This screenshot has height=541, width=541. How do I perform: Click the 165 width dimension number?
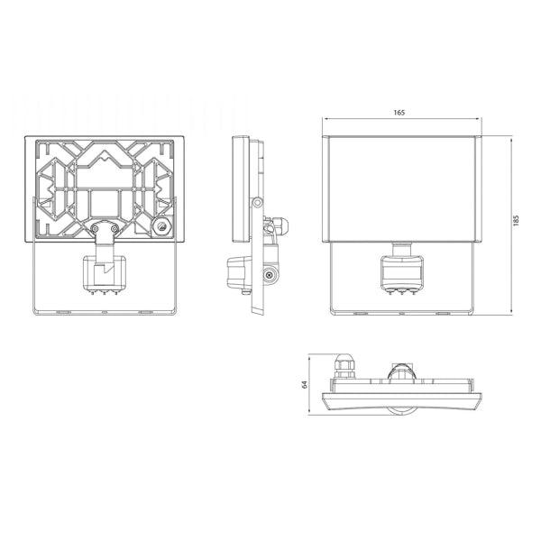399,113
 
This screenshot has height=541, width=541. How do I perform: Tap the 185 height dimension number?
516,220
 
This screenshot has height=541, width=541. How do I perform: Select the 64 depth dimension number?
304,384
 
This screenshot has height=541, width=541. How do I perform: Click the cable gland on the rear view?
161,226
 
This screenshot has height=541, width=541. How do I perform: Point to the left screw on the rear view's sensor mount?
95,228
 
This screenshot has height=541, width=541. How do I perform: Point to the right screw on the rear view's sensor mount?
114,228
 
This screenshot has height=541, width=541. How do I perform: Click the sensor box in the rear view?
105,272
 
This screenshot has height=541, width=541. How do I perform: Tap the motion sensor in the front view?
402,272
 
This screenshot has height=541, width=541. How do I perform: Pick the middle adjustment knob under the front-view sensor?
402,292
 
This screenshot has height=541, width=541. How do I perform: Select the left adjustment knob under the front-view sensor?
390,292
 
